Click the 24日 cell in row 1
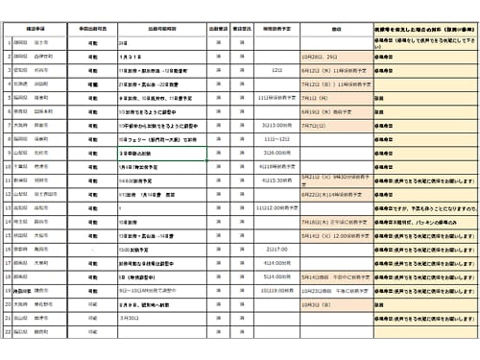(x=122, y=43)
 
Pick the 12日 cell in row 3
(x=276, y=71)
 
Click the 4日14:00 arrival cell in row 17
(x=276, y=262)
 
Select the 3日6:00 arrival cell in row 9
(x=276, y=153)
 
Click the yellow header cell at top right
(x=421, y=30)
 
